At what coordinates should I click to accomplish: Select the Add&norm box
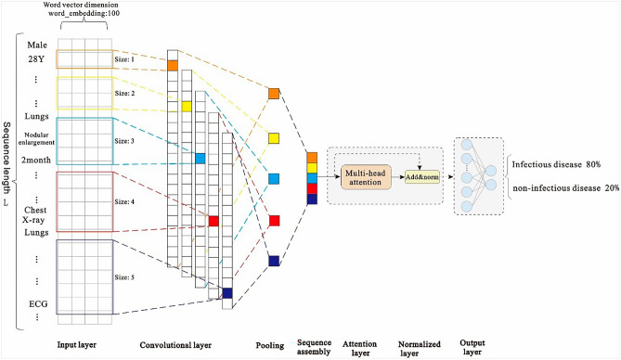click(420, 176)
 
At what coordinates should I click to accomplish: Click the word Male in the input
click(37, 44)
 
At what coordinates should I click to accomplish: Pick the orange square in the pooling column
click(273, 93)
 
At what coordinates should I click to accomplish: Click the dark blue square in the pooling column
click(273, 262)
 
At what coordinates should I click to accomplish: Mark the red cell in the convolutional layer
click(213, 221)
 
